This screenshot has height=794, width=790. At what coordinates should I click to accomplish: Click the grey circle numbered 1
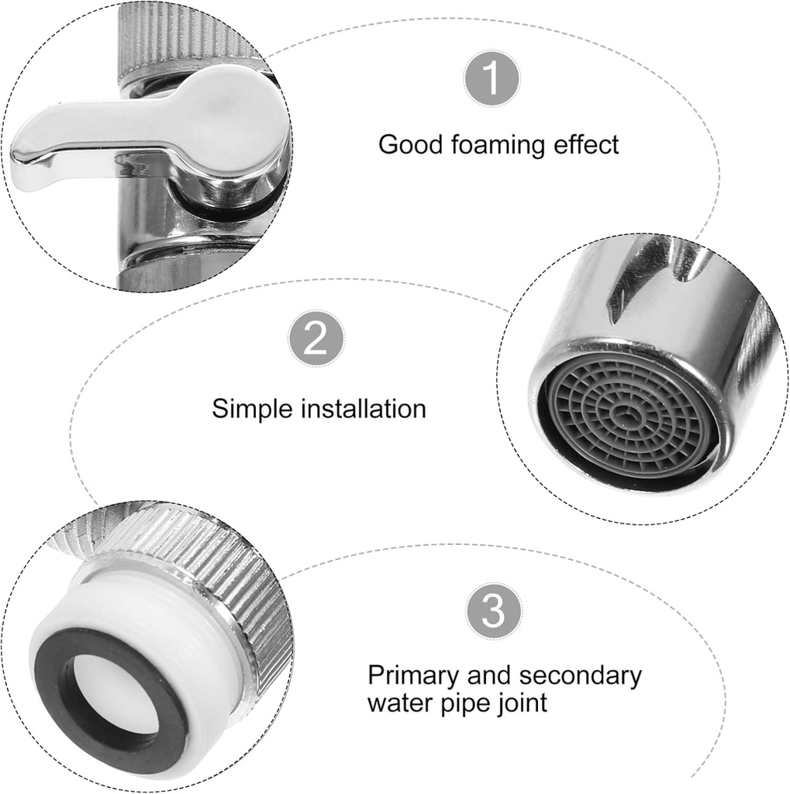492,79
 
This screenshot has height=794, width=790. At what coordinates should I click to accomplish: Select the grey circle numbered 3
494,611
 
